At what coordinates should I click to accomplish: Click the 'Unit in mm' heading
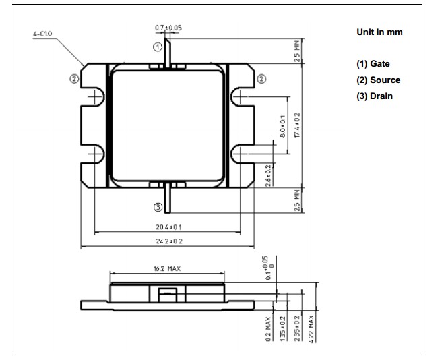point(379,32)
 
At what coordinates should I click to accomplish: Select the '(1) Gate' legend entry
point(373,64)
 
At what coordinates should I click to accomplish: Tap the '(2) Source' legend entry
point(378,80)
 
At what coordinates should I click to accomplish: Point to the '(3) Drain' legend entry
point(375,96)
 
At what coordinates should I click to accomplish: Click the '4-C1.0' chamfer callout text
point(42,34)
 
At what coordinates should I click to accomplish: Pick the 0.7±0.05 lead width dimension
point(168,28)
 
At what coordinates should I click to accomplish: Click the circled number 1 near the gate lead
point(158,47)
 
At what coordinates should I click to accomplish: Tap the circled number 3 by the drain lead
point(158,207)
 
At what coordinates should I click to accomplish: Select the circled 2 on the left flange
point(74,78)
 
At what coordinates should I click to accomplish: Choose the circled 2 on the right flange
point(261,78)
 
